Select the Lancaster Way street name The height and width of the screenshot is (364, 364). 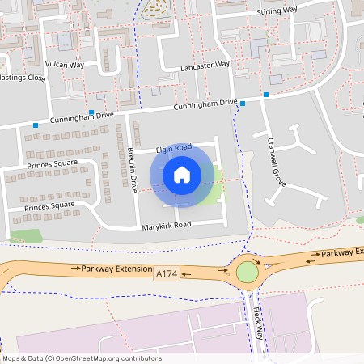[205, 65]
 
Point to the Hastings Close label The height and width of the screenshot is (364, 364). [22, 78]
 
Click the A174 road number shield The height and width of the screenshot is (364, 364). [165, 276]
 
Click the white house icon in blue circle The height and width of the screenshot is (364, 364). [181, 174]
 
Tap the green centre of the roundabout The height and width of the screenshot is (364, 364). [246, 273]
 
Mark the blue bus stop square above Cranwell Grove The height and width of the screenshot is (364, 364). [265, 95]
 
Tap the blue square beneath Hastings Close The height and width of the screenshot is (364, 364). [36, 125]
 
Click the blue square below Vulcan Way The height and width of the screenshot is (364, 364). [91, 112]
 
